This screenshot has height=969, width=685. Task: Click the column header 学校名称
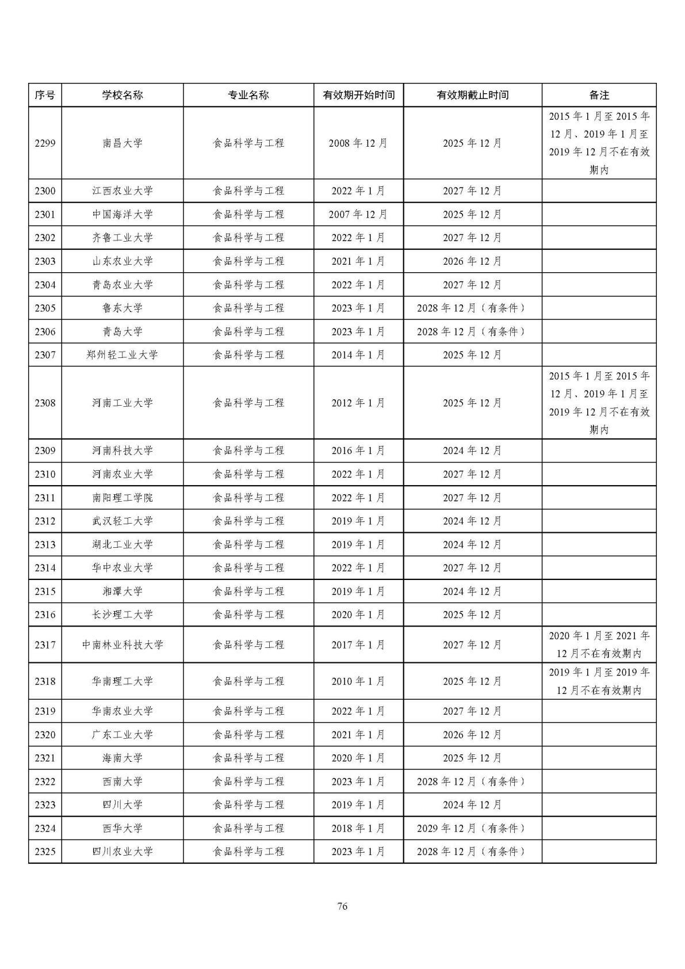pos(123,96)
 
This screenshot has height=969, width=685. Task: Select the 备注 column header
pos(599,96)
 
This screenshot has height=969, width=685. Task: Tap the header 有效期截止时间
pos(472,96)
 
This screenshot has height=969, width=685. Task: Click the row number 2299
pos(45,143)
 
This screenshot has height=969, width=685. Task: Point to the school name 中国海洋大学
pos(123,215)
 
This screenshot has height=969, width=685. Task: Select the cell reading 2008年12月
pos(358,143)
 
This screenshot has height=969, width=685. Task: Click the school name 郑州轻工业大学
pos(123,355)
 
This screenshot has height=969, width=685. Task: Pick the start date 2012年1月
pos(358,403)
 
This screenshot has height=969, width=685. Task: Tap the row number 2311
pos(45,498)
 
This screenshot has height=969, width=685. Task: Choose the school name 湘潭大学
pos(123,592)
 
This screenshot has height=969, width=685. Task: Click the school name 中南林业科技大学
pos(123,645)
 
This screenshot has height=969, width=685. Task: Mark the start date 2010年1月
pos(358,681)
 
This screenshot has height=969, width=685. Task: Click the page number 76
pos(342,907)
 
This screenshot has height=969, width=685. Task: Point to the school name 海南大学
pos(123,758)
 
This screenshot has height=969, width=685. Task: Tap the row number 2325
pos(45,852)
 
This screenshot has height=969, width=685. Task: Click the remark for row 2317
pos(599,645)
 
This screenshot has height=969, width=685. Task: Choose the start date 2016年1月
pos(358,451)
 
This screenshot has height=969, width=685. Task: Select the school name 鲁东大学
pos(123,308)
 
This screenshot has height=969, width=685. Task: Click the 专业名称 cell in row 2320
pos(248,735)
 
